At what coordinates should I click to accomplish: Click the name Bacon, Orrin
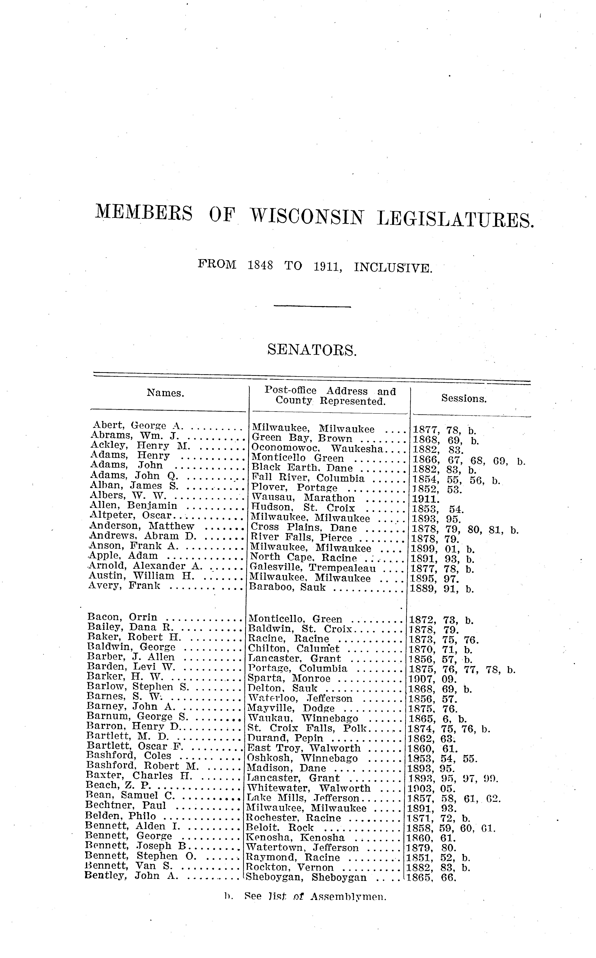tap(122, 617)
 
